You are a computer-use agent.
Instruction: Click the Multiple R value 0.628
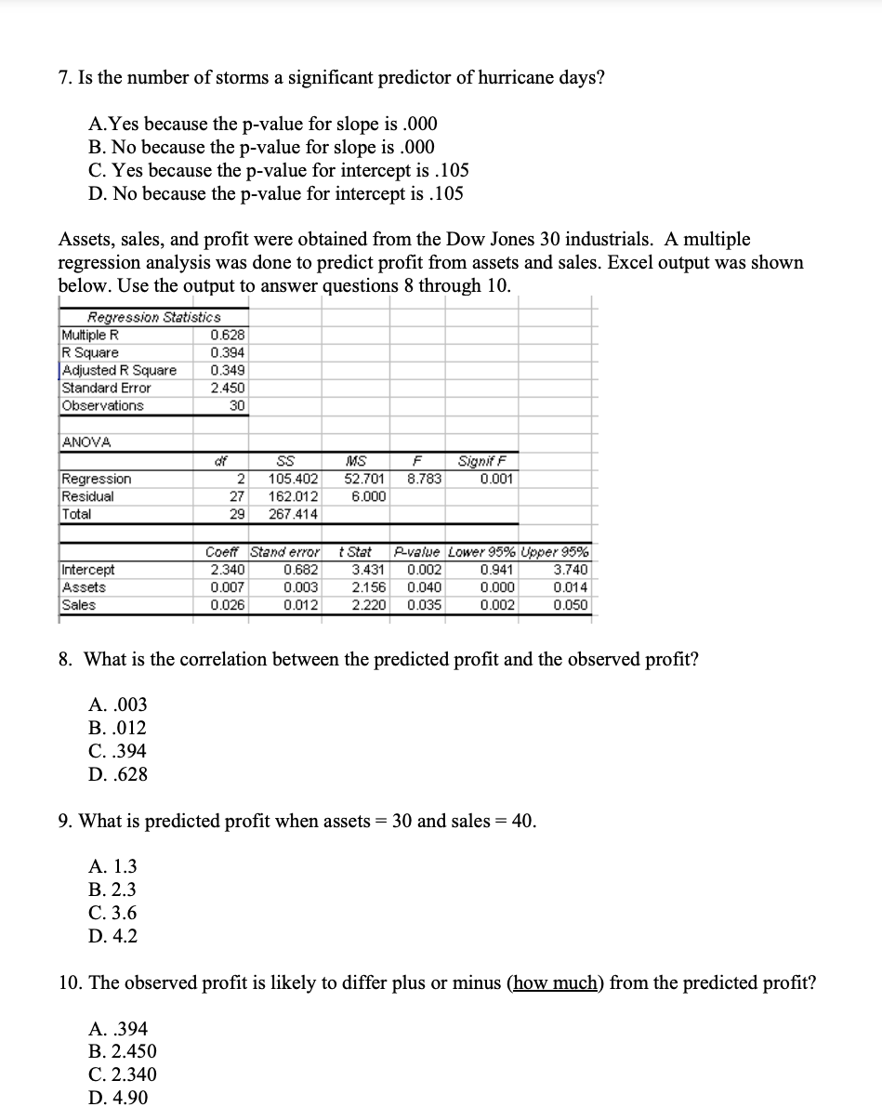pos(228,336)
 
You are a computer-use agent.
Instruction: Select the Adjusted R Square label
pos(119,371)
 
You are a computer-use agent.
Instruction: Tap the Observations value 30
pos(236,406)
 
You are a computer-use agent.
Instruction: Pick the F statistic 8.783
pos(424,480)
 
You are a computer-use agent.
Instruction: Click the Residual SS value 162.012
pos(293,497)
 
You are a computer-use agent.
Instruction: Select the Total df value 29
pos(236,515)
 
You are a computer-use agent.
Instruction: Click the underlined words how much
pos(554,983)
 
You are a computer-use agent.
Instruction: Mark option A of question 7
pos(262,125)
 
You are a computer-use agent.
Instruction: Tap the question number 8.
pos(65,660)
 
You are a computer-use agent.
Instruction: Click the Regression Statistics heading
pos(153,318)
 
